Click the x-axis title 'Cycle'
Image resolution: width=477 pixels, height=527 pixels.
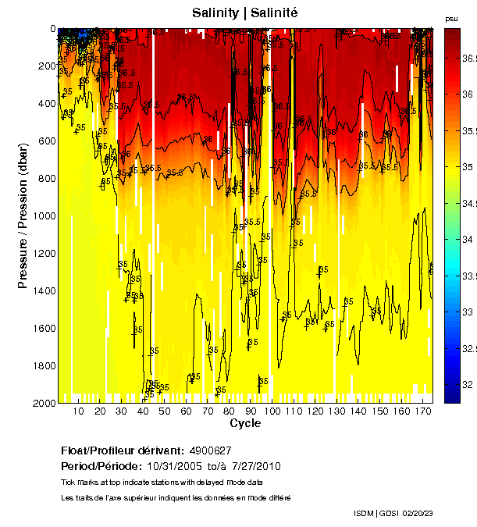[x=245, y=423]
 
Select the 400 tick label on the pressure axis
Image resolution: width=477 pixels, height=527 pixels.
[x=44, y=104]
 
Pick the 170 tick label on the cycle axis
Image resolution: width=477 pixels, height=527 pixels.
[x=422, y=411]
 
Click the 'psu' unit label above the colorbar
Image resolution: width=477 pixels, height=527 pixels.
[x=451, y=19]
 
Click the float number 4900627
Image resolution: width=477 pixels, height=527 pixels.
[x=210, y=450]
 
